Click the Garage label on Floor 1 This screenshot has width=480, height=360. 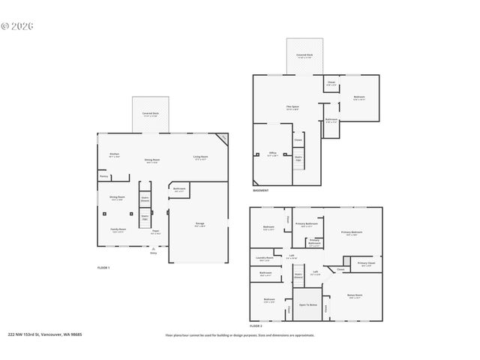200,224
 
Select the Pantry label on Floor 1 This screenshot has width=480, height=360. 103,178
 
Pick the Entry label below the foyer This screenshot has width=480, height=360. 154,253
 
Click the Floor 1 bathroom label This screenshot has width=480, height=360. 180,189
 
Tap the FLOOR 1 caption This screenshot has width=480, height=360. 103,268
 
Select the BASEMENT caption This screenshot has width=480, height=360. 261,191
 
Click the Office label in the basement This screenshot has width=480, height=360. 272,154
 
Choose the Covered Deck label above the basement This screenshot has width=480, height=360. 304,55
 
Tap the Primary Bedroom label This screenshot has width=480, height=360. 352,232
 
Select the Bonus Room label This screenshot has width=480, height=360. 355,296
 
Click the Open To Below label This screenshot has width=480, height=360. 308,305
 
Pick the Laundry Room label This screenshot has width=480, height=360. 265,258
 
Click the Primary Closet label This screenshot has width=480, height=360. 366,263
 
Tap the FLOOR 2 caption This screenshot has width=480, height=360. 256,326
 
